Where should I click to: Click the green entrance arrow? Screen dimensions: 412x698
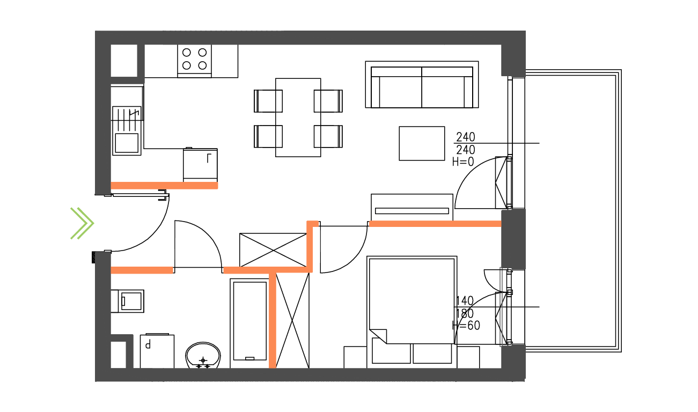[x=82, y=223]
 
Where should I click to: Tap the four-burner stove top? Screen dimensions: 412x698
[x=194, y=59]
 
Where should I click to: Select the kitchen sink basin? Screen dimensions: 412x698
[x=127, y=142]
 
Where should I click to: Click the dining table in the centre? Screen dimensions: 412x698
[x=298, y=117]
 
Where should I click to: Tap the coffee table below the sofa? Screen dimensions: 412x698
[x=422, y=143]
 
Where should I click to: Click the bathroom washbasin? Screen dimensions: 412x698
[x=203, y=355]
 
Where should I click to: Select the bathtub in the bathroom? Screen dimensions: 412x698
[x=249, y=322]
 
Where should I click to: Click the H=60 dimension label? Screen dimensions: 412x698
[x=466, y=326]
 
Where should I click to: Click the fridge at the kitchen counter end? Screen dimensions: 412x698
[x=200, y=164]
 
